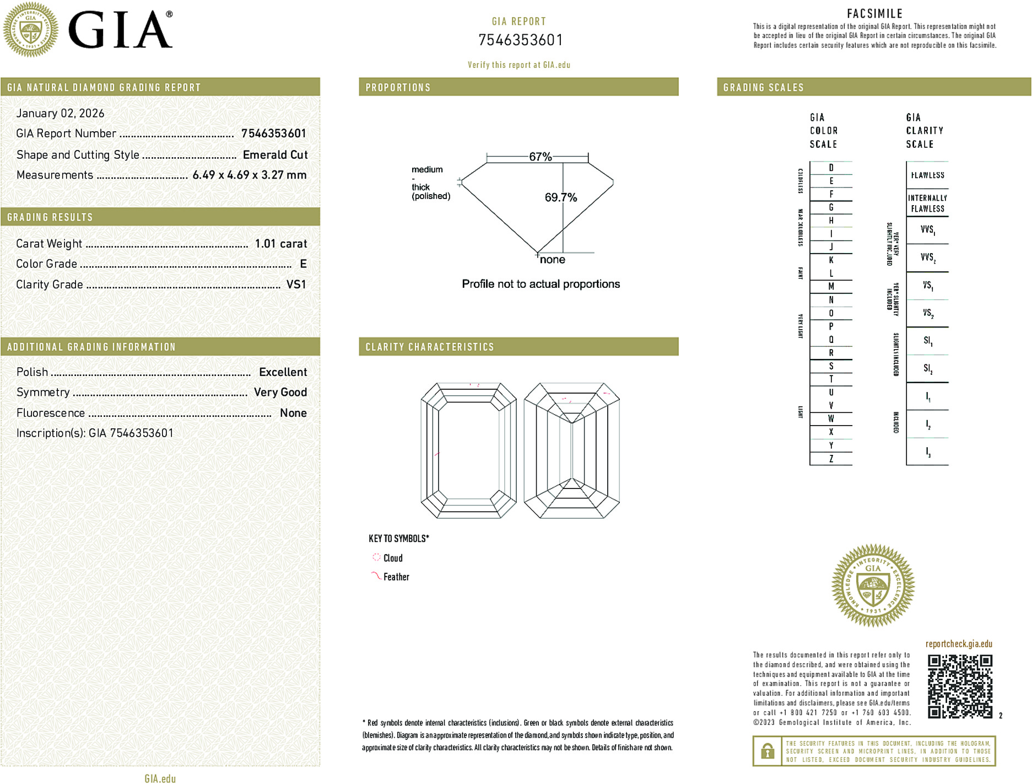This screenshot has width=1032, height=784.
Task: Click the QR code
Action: click(960, 686)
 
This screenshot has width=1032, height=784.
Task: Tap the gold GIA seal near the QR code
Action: click(873, 585)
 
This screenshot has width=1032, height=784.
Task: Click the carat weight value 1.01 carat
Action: click(280, 244)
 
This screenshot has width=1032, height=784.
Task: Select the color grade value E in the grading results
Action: click(303, 264)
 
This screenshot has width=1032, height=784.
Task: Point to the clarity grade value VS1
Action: click(296, 284)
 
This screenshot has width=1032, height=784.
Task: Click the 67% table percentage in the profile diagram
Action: click(540, 157)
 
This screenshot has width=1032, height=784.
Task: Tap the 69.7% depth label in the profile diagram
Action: click(560, 197)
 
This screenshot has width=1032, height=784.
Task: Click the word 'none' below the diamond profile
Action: click(552, 260)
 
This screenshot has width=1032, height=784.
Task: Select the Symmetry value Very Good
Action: click(280, 392)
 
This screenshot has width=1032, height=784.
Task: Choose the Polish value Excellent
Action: click(283, 372)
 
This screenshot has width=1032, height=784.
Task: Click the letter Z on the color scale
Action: click(831, 459)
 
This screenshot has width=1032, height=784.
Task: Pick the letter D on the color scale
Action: click(831, 168)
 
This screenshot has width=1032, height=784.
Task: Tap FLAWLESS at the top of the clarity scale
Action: click(927, 175)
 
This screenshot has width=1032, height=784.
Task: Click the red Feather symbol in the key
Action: click(376, 576)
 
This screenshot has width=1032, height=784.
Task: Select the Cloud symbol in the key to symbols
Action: click(376, 557)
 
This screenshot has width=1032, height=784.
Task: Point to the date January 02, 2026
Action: click(60, 113)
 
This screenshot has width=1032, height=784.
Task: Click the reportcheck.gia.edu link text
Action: click(959, 644)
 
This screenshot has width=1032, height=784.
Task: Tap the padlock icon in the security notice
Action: click(767, 751)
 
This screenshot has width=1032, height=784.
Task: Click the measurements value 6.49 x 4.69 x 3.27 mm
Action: click(249, 175)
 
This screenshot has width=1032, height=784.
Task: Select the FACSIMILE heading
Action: click(874, 14)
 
